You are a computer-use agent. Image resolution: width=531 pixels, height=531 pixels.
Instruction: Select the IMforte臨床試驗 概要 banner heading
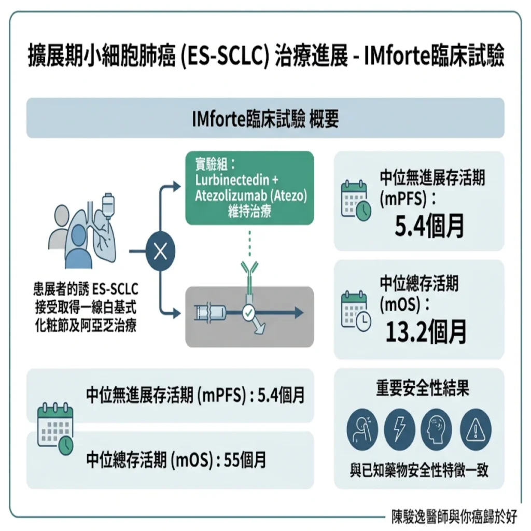point(265,119)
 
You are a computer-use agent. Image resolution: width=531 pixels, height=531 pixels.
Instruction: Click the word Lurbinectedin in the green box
point(232,180)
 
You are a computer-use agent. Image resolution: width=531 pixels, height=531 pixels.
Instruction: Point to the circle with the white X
point(161,251)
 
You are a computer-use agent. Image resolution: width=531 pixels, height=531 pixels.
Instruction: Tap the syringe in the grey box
point(211,313)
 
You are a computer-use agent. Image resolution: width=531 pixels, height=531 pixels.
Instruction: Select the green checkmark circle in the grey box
point(249,313)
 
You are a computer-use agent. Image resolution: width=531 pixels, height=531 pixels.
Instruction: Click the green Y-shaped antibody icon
point(249,278)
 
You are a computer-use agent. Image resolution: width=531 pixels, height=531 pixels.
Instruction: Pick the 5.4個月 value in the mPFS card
point(429,226)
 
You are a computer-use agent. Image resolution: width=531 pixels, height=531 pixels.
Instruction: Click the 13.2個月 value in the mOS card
point(426,332)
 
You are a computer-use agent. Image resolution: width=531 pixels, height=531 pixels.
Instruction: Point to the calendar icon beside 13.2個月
point(356,311)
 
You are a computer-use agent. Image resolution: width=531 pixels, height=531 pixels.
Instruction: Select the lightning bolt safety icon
point(400,429)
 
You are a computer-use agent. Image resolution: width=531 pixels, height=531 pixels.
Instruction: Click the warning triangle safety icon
point(476,429)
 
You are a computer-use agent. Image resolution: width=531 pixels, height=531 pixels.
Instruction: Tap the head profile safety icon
point(436,429)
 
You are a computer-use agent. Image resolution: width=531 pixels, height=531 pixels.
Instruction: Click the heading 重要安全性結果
point(423,388)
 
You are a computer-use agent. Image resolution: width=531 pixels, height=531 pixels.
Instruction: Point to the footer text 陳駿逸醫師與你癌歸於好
point(454,517)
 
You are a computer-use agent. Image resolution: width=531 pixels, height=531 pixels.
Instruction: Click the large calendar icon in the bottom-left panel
point(55,428)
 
